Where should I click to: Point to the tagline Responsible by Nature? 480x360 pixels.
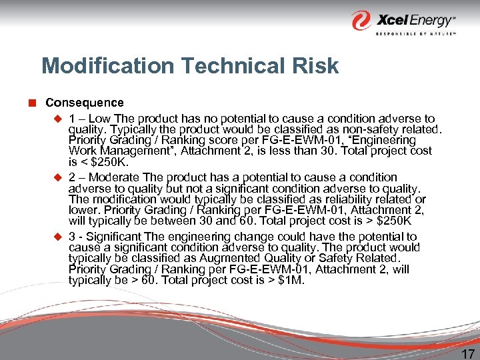(415, 33)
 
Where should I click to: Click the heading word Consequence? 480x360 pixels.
(84, 103)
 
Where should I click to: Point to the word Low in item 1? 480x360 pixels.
(100, 118)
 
